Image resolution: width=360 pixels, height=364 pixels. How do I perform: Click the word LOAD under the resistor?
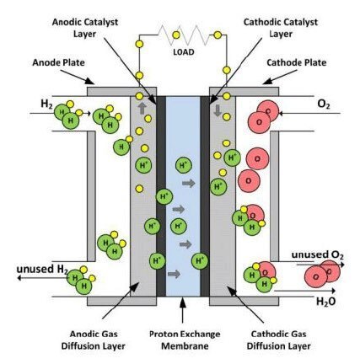click(x=184, y=52)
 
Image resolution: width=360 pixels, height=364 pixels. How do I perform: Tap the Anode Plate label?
click(x=58, y=62)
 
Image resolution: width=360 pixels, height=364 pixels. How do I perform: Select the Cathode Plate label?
click(x=297, y=62)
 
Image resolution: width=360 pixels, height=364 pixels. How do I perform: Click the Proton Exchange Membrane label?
click(x=185, y=340)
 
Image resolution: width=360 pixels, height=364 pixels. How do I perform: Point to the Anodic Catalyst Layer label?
click(x=85, y=28)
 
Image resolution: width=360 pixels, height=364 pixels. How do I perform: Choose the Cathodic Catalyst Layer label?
click(x=281, y=28)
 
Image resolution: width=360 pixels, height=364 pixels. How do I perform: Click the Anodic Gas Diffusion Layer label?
click(x=94, y=340)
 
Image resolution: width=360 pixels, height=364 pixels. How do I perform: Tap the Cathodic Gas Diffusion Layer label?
click(x=279, y=340)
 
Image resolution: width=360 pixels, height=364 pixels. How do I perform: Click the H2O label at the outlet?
click(x=326, y=302)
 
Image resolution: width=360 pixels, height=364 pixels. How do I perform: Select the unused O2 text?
click(x=318, y=255)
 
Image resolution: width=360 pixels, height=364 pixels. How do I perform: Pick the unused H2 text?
click(x=42, y=270)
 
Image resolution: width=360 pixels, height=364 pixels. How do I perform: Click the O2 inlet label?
click(x=324, y=104)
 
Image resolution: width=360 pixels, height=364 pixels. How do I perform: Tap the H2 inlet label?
click(x=46, y=104)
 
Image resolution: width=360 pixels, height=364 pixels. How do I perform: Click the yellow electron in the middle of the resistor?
click(x=176, y=35)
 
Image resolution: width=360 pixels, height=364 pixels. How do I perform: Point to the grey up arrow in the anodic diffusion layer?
click(x=142, y=108)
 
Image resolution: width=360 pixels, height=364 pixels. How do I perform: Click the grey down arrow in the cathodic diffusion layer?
click(x=218, y=110)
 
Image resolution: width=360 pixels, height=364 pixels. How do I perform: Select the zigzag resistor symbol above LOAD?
click(x=184, y=35)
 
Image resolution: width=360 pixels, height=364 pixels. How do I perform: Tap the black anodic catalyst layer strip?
click(x=161, y=196)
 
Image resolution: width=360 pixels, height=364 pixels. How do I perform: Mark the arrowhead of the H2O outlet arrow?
click(x=334, y=291)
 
